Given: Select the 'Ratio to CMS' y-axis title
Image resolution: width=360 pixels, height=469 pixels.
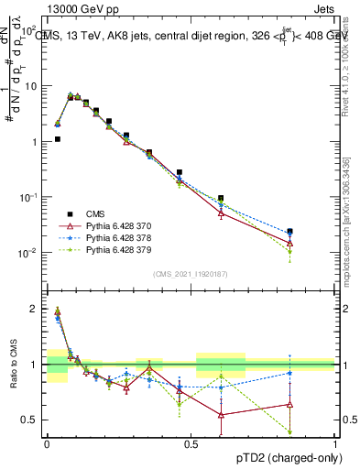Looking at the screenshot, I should pyautogui.click(x=12, y=380).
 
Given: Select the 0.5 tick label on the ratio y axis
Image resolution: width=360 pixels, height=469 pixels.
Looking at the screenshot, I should pyautogui.click(x=30, y=420).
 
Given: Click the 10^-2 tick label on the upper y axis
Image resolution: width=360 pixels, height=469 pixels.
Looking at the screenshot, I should pyautogui.click(x=28, y=253).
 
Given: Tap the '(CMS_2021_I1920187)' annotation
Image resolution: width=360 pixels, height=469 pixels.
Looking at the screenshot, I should pyautogui.click(x=191, y=274).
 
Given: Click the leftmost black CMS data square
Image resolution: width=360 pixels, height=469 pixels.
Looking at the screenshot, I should pyautogui.click(x=57, y=139).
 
